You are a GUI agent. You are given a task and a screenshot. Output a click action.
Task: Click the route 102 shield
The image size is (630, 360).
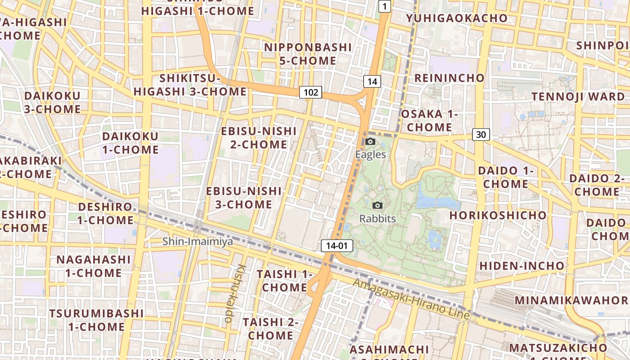tap(310, 93)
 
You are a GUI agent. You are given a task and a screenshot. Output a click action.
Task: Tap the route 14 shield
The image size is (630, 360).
tap(372, 81)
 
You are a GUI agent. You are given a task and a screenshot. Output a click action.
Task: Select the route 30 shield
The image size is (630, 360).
tap(481, 134)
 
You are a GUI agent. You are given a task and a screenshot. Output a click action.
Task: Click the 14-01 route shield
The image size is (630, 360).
tap(337, 246)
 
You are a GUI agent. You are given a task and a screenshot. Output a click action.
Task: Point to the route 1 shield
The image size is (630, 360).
tap(385, 6)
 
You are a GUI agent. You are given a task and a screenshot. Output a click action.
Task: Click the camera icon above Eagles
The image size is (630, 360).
tap(370, 142)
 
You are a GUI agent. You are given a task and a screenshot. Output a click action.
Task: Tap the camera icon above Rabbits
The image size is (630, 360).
tap(378, 206)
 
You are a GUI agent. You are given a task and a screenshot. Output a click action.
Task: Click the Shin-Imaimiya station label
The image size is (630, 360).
tap(198, 242)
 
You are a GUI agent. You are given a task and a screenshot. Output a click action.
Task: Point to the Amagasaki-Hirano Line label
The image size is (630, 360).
tap(411, 299)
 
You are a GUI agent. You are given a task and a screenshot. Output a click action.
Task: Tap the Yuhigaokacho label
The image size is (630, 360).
tap(457, 18)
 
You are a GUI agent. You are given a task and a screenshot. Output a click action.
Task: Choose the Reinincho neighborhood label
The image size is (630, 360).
tap(449, 78)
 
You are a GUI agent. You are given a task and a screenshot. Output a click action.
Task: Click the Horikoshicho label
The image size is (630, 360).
tap(498, 215)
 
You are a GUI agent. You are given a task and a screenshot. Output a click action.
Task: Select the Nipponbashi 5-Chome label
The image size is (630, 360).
tap(308, 54)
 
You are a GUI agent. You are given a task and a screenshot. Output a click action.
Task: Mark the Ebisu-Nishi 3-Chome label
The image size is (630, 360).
tap(243, 198)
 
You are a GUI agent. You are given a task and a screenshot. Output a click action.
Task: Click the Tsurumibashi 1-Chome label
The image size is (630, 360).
tap(96, 320)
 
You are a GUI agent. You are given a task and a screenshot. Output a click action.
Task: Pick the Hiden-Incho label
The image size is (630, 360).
tap(522, 266)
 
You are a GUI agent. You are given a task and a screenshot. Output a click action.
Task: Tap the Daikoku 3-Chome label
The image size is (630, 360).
tap(53, 102)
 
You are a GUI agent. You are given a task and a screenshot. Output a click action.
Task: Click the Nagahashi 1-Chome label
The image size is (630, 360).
tap(94, 266)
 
